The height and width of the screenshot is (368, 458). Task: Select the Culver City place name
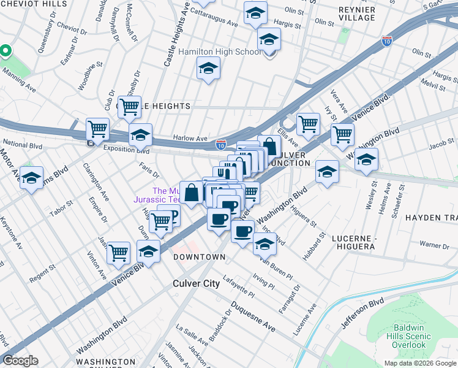tap(195, 283)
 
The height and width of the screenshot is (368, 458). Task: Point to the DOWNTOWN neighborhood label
tap(199, 257)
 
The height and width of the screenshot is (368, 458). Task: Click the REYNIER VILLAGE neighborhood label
tap(356, 13)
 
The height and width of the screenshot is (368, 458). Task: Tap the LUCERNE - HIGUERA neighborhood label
tap(361, 242)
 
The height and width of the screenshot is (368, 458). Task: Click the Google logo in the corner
tap(20, 361)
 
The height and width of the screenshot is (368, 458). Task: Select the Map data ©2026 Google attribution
tap(420, 363)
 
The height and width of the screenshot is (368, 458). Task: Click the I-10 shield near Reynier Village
tap(387, 40)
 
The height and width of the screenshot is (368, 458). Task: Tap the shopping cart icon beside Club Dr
tap(129, 107)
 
